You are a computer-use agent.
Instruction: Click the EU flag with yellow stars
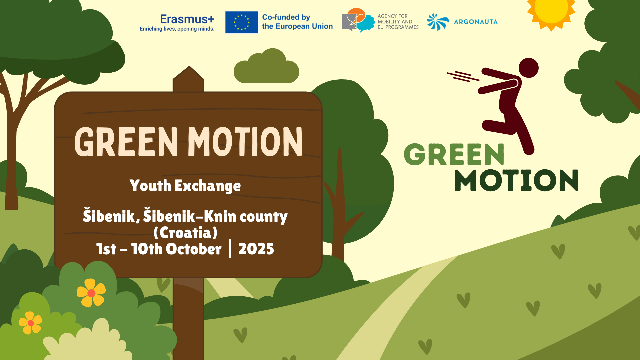tap(241, 22)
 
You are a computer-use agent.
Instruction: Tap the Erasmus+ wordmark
tap(187, 19)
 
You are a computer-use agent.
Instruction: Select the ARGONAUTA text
tap(476, 22)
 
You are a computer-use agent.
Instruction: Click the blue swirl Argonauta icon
tap(438, 22)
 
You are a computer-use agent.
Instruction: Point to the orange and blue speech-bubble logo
tap(358, 20)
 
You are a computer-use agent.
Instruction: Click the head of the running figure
tap(528, 68)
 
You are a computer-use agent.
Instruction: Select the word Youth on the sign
tap(150, 186)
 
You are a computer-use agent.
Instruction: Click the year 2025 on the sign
tap(256, 249)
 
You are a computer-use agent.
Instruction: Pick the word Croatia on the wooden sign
tap(185, 233)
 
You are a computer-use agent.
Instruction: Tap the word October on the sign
tap(193, 249)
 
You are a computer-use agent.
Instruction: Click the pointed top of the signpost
tap(189, 66)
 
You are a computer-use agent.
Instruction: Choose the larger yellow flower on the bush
tap(91, 293)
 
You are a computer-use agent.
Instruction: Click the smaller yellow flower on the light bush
tap(30, 323)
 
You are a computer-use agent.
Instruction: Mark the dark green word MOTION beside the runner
tap(516, 180)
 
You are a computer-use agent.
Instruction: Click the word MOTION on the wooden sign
tap(245, 142)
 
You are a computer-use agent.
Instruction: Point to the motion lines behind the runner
tap(463, 76)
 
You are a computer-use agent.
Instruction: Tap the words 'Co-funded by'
tap(286, 17)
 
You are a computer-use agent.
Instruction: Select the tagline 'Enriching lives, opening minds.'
tap(177, 29)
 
